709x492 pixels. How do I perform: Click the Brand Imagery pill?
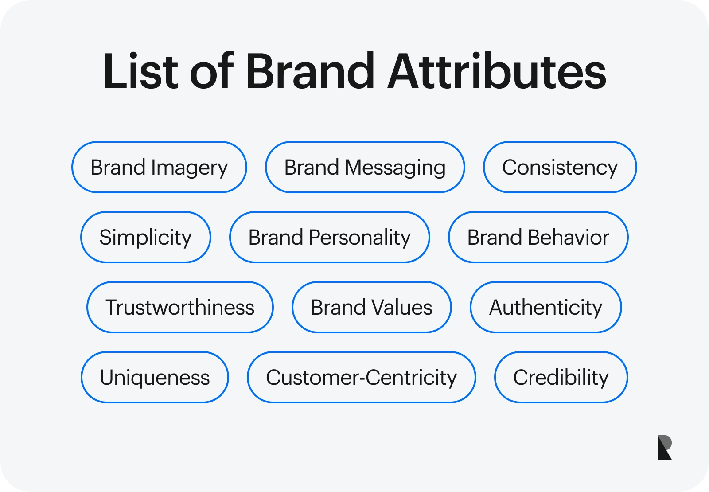[x=159, y=168]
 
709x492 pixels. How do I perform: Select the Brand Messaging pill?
[x=365, y=168]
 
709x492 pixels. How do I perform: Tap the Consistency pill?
[x=560, y=168]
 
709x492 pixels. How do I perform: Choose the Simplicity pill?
[x=145, y=238]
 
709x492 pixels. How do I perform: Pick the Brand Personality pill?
[x=329, y=238]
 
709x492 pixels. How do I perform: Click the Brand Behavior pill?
[x=538, y=238]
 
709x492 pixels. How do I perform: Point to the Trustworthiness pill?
[x=180, y=308]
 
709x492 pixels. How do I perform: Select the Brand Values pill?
[x=371, y=308]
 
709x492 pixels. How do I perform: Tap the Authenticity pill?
[x=545, y=308]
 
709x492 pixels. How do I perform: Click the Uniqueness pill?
[x=155, y=378]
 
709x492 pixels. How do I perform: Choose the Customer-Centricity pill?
[x=361, y=378]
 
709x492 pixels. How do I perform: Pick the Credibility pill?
[x=561, y=378]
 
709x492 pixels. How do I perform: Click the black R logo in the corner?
[x=664, y=447]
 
